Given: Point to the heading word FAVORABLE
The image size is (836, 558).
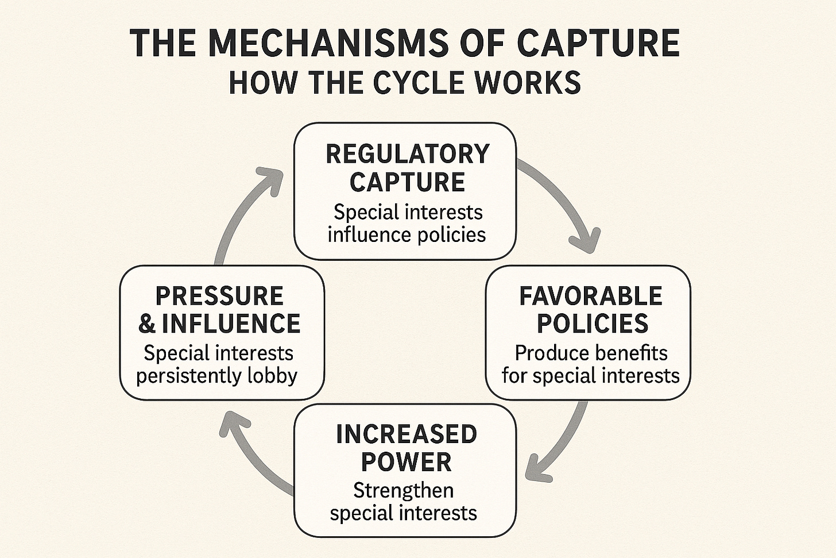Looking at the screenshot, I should [590, 296].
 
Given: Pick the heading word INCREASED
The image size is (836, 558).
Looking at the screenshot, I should [406, 434].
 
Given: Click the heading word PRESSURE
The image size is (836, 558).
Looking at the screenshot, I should [219, 296].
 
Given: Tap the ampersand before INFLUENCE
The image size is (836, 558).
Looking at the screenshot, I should [147, 324].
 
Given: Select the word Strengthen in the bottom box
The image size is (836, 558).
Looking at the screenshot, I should [403, 490].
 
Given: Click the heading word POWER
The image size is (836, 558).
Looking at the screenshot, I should [407, 461].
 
